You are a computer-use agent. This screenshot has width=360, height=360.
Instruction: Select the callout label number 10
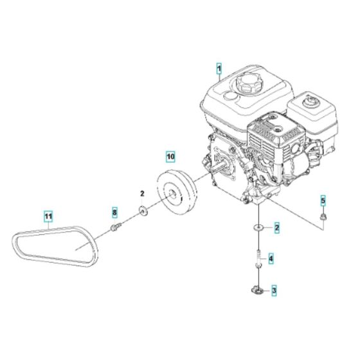(x=170, y=156)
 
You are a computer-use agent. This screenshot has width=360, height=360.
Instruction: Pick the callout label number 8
(x=115, y=212)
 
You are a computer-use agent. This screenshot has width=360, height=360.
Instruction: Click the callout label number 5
(x=323, y=201)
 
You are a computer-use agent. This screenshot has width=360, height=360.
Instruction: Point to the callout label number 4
(x=271, y=260)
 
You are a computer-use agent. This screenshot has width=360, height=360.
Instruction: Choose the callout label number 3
(x=274, y=291)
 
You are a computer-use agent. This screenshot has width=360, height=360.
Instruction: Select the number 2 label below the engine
(x=276, y=227)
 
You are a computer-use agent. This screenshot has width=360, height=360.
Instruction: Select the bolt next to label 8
(x=115, y=226)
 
